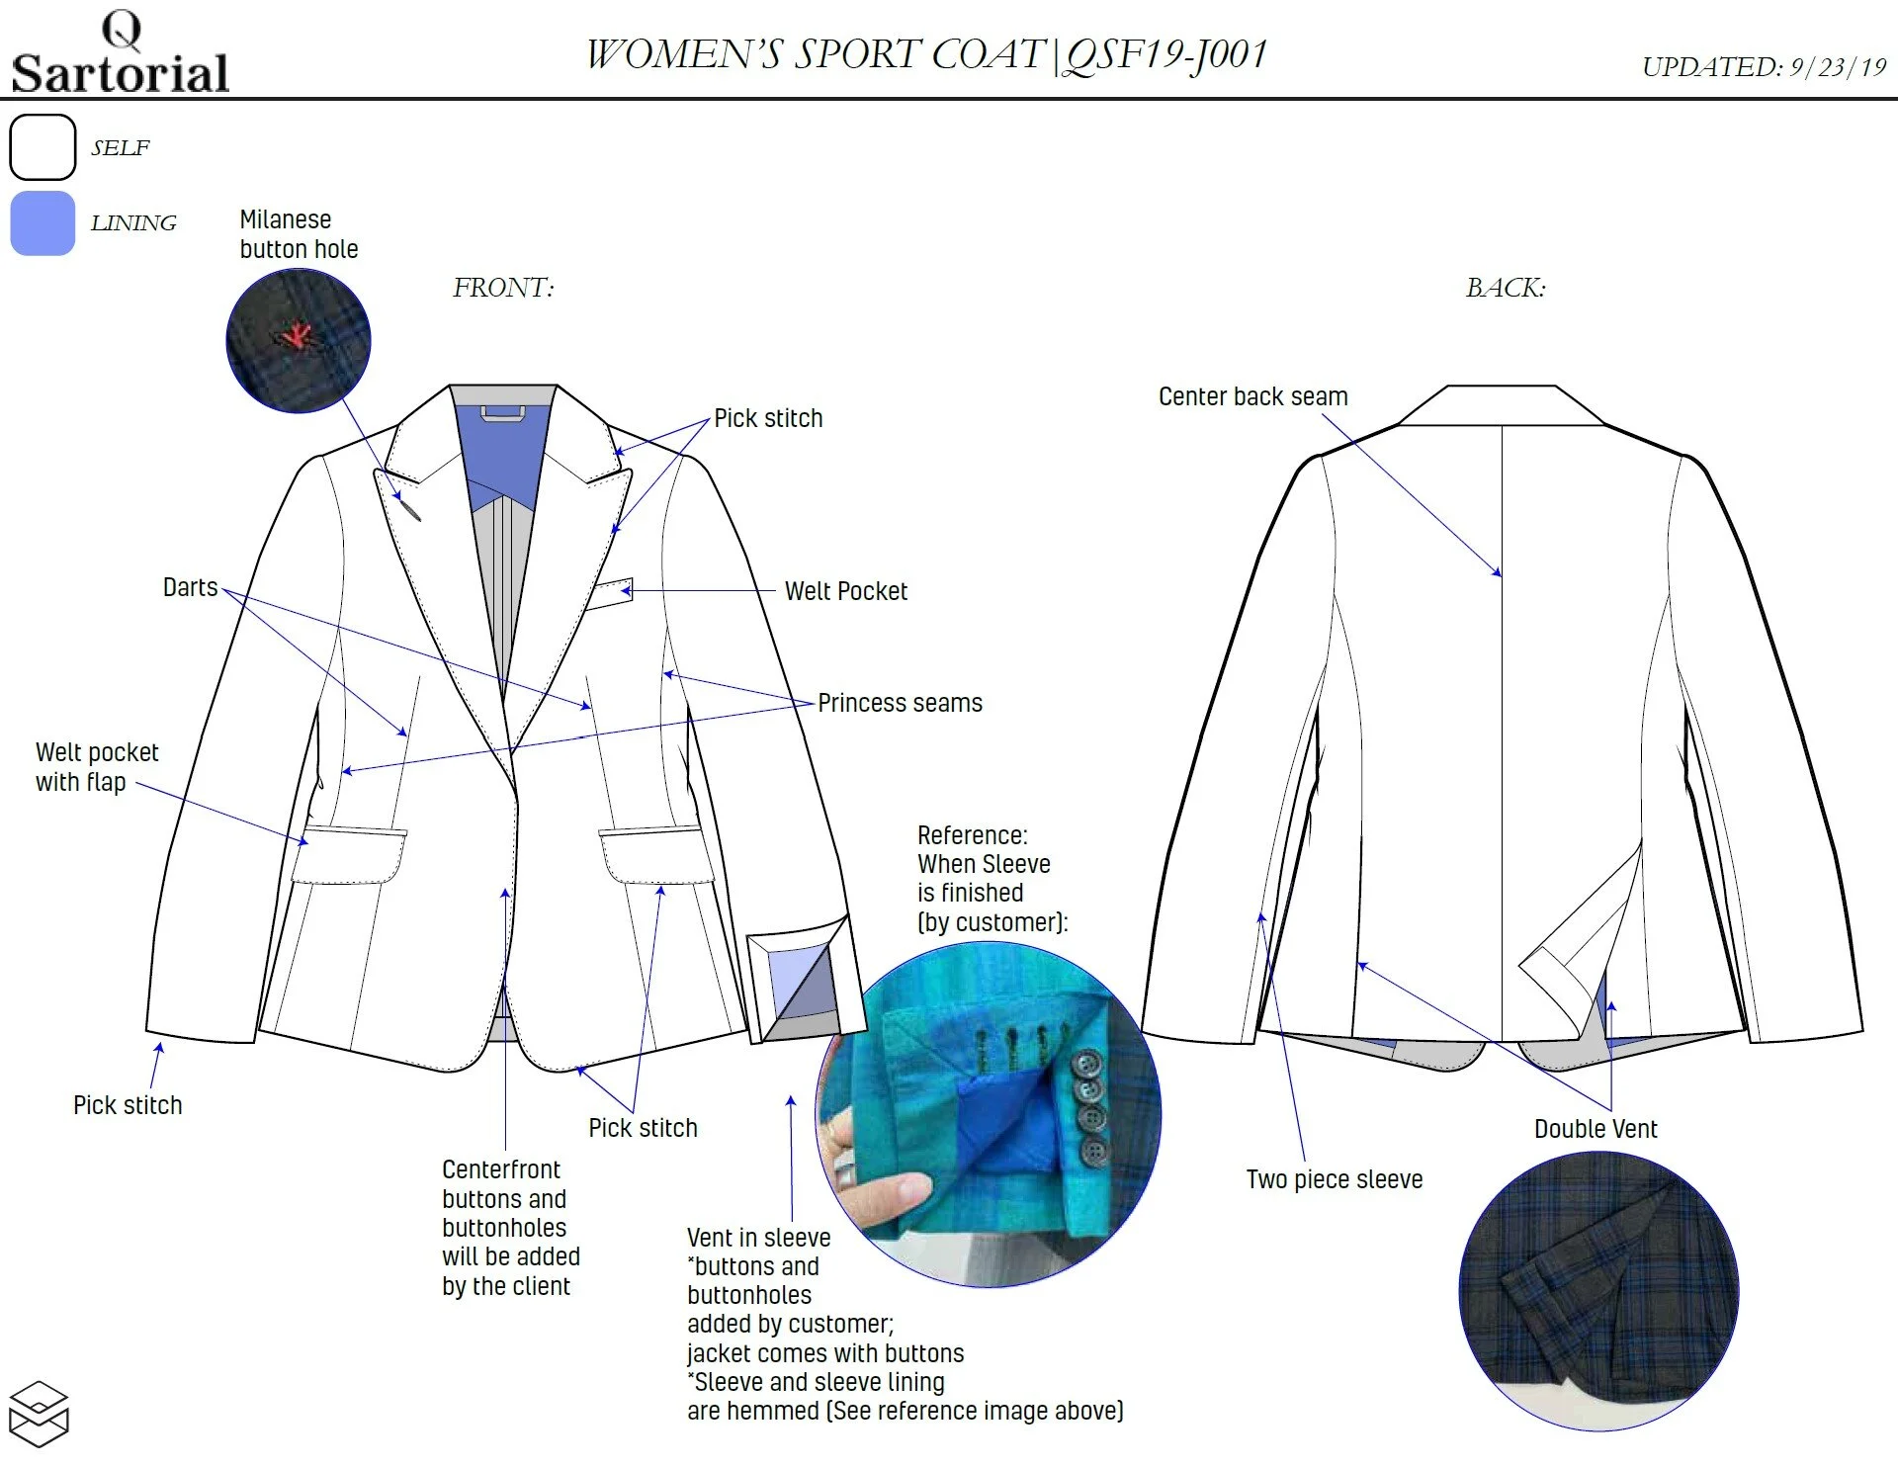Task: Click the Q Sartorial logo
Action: click(120, 54)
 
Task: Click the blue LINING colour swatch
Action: click(43, 223)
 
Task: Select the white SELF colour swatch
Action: click(43, 147)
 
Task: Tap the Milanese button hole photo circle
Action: click(298, 339)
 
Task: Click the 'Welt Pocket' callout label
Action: click(845, 591)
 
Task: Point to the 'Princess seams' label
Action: click(900, 703)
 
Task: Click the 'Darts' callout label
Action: click(190, 587)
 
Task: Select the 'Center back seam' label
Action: click(1252, 396)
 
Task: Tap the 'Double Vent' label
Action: click(1595, 1129)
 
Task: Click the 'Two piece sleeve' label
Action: click(1334, 1179)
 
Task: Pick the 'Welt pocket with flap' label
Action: click(96, 767)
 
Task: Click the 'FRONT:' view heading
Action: click(503, 288)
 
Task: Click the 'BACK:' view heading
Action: click(1505, 288)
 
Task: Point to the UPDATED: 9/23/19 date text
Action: click(1764, 67)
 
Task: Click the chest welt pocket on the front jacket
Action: click(609, 593)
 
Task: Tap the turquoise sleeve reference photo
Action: click(989, 1115)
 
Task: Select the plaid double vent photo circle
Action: click(1598, 1291)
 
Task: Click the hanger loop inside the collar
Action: click(502, 413)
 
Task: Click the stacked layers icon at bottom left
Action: click(38, 1414)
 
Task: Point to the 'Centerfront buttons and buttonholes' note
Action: click(510, 1227)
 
